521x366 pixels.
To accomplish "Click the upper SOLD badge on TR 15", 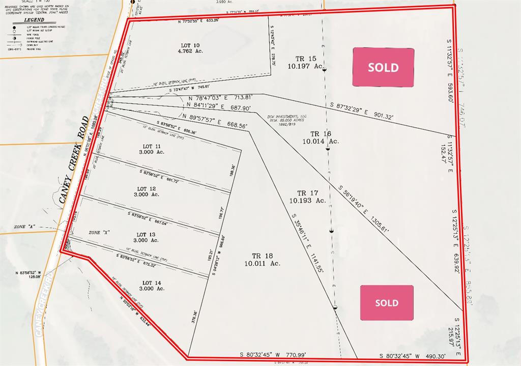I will [x=383, y=67].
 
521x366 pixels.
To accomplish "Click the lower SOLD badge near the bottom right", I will [x=387, y=303].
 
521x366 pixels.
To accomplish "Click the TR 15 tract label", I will [x=305, y=59].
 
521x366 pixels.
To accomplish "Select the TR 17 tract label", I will [x=307, y=193].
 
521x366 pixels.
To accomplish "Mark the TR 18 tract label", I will [x=262, y=256].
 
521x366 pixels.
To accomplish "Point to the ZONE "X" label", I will [x=99, y=232].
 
